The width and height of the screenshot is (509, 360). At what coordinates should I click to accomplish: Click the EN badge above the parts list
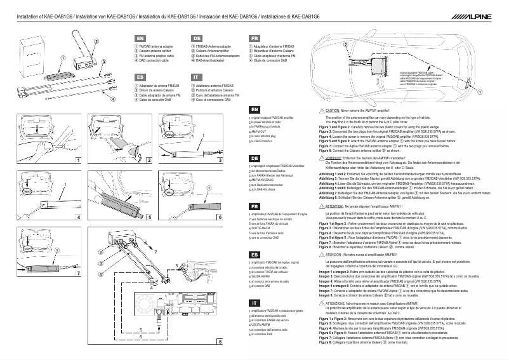[141, 39]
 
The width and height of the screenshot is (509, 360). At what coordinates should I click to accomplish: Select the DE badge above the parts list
[197, 39]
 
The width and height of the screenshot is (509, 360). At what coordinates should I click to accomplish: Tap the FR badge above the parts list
[255, 39]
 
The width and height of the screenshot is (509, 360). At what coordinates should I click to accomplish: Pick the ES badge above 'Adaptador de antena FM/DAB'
[141, 77]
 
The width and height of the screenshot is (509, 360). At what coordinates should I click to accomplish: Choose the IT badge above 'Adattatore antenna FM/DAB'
[197, 77]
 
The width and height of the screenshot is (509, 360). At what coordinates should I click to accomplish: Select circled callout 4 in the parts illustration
[112, 99]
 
